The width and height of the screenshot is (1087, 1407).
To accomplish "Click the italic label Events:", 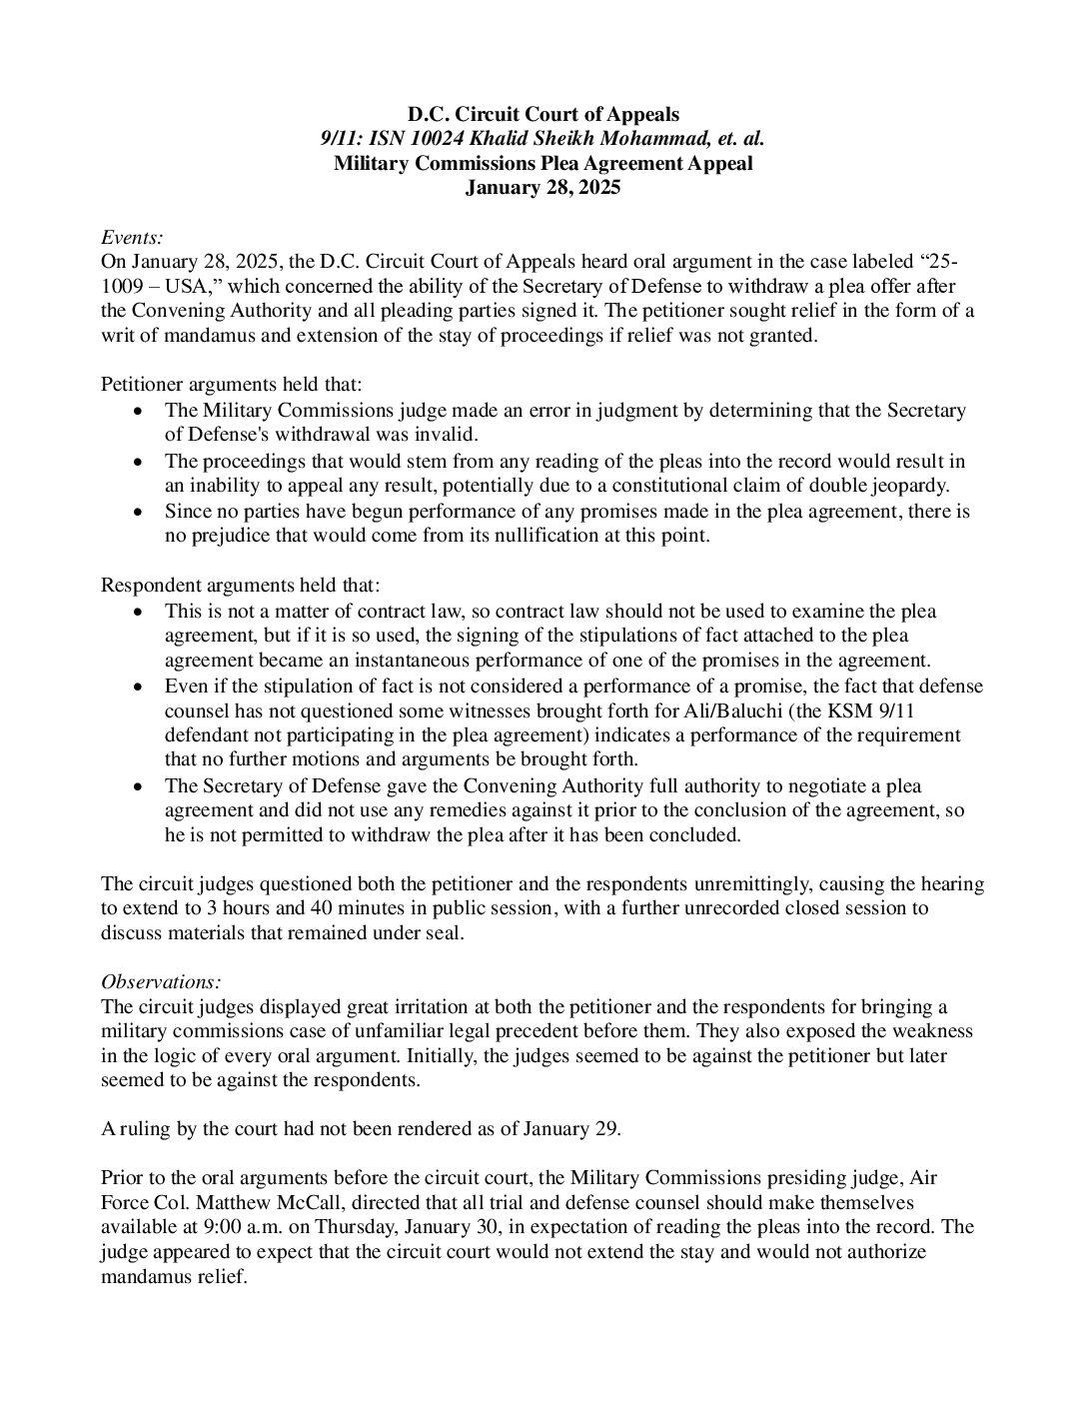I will click(x=132, y=237).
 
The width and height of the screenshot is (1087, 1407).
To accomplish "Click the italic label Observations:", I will click(x=161, y=981).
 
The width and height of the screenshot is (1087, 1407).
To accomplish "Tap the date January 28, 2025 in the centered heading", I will click(x=543, y=187).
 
